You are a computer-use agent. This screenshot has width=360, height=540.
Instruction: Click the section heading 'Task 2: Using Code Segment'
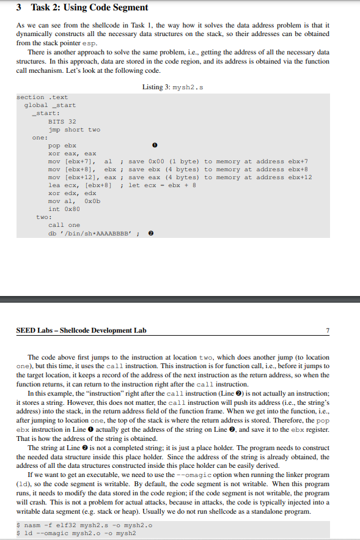(89, 7)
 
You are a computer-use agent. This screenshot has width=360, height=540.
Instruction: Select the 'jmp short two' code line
(74, 129)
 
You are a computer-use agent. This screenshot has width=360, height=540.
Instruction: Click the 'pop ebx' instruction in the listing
(62, 146)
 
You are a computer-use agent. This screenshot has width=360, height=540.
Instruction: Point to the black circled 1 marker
(155, 146)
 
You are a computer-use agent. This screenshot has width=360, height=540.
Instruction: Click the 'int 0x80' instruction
(62, 209)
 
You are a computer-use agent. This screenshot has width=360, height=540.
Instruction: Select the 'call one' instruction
(64, 225)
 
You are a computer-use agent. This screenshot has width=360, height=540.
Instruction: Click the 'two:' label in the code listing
(43, 217)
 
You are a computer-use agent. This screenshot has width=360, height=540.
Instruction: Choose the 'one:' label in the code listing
(39, 138)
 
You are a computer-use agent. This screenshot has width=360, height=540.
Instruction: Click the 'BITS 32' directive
(62, 121)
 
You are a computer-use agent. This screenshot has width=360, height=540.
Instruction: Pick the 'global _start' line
(50, 105)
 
